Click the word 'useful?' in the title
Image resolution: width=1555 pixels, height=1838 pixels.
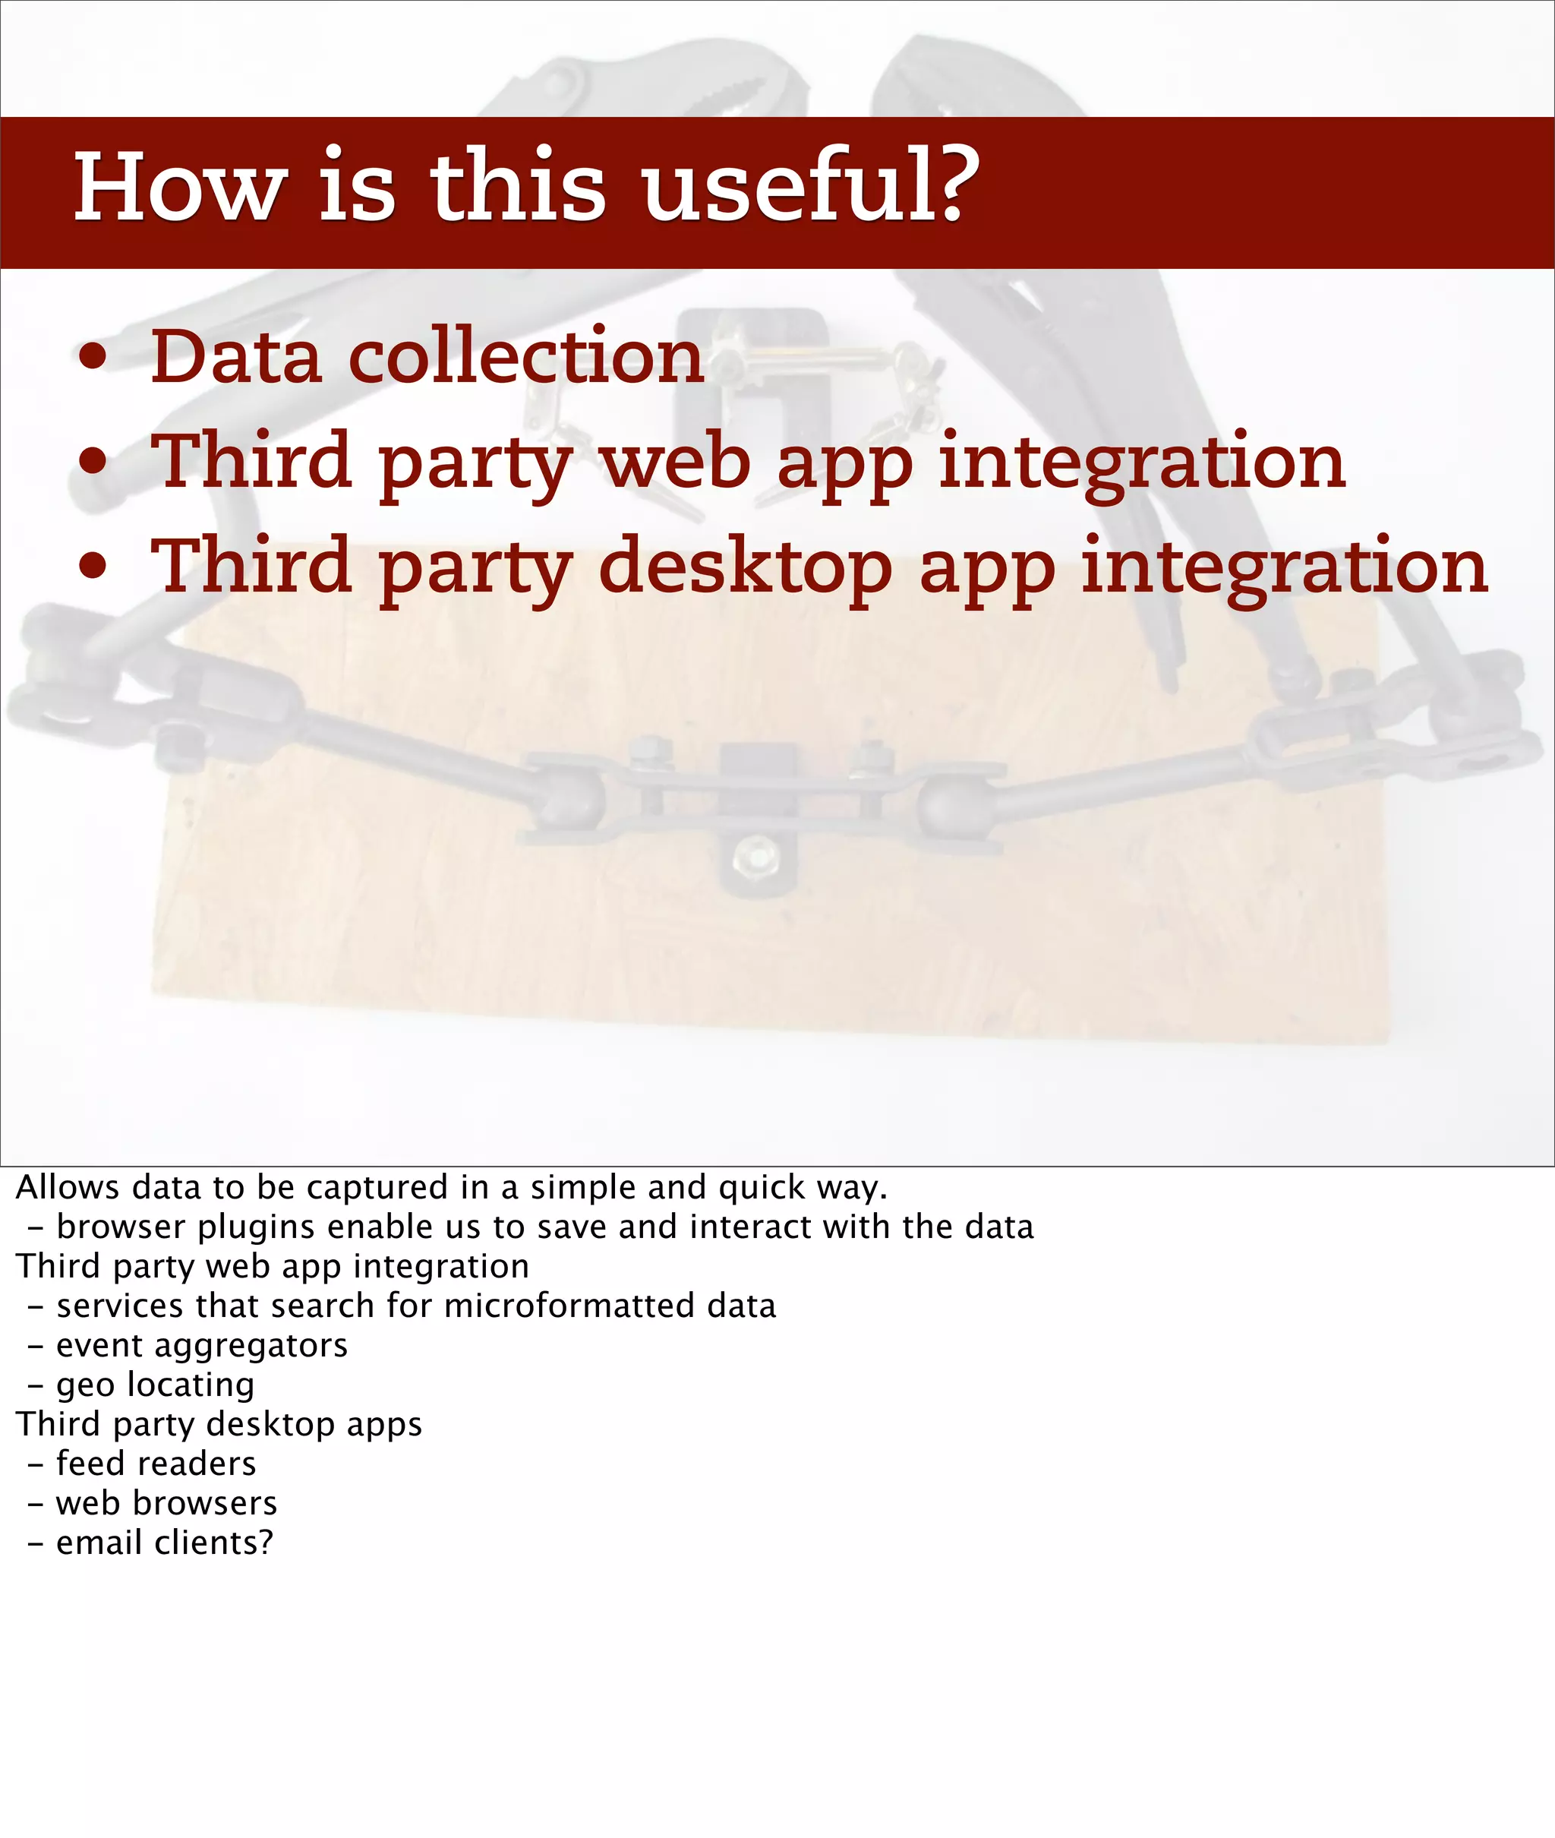point(810,187)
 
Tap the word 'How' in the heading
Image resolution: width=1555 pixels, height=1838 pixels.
point(180,187)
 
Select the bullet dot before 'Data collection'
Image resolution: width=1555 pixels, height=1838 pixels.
point(93,358)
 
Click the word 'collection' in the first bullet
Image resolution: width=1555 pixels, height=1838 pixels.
point(526,356)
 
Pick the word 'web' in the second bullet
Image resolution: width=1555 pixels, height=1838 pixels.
point(675,462)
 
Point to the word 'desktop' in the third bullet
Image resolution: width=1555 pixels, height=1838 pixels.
point(745,567)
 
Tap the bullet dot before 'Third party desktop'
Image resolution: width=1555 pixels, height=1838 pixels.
point(93,567)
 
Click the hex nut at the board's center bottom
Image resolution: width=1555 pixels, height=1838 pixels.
point(756,854)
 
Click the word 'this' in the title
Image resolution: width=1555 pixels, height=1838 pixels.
point(518,187)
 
